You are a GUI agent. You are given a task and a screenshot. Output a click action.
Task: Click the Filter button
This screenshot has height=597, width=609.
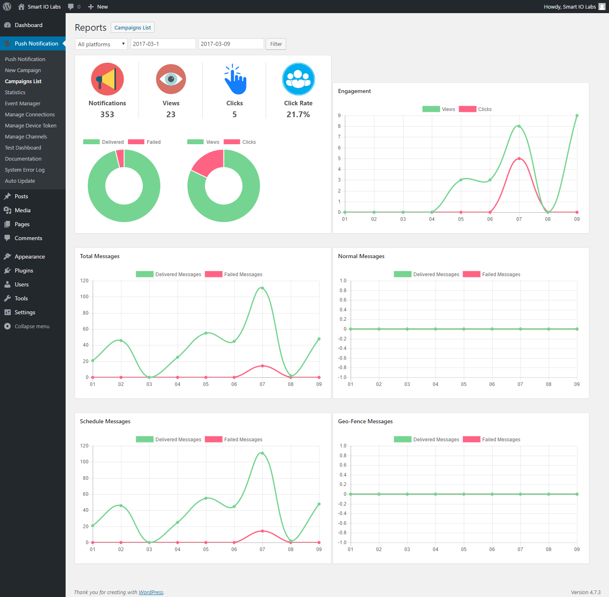point(276,44)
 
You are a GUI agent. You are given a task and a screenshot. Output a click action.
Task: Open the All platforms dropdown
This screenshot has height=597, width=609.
point(101,44)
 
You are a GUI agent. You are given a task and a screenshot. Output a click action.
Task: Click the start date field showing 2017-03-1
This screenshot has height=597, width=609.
point(163,44)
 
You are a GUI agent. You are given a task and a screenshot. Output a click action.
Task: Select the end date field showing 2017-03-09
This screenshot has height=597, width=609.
point(231,44)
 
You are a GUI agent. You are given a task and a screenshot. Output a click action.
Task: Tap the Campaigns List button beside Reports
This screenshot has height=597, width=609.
point(132,27)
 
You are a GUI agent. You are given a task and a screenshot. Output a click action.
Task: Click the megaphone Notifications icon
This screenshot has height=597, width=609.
point(107,79)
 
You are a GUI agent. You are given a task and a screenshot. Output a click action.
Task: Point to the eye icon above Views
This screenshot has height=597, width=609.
point(171,79)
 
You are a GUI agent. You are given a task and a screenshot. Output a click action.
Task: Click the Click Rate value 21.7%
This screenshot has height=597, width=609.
point(298,114)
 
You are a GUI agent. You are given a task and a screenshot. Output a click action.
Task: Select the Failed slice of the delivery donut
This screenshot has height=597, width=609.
point(120,158)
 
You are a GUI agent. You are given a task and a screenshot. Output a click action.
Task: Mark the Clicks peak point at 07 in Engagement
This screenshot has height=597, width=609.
point(519,159)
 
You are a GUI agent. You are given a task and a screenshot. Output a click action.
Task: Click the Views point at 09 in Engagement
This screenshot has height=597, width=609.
point(577,116)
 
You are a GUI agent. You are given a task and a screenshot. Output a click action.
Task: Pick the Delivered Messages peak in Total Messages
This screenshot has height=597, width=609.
point(262,288)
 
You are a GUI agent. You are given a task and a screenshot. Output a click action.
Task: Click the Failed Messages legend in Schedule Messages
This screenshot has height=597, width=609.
point(234,439)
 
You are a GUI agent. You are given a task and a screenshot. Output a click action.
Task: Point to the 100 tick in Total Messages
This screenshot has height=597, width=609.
point(84,297)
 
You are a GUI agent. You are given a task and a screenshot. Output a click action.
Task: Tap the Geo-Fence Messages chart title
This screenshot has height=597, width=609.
point(365,421)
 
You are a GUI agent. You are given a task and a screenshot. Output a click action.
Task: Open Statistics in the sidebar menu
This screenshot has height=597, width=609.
point(15,92)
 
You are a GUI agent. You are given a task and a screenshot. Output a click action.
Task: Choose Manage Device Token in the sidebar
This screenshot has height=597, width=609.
point(31,125)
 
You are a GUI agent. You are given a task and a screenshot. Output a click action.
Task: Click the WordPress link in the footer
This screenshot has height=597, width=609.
point(151,592)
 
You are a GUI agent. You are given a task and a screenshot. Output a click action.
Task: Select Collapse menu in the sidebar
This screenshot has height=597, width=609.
point(32,326)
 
